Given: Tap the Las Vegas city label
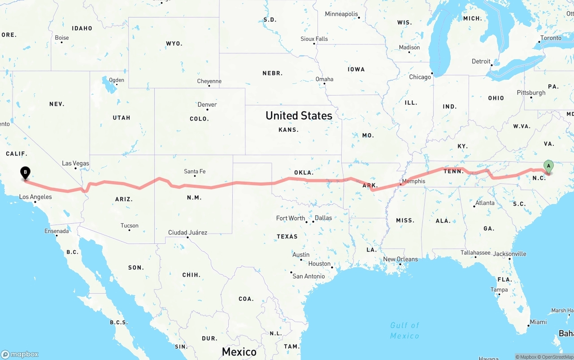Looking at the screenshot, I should (x=75, y=163).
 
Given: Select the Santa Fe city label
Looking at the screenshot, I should (x=195, y=171).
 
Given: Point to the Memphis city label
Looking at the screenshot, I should (x=413, y=181).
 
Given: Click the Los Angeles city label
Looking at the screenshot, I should (x=35, y=197).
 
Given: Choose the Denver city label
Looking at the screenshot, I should (x=207, y=104).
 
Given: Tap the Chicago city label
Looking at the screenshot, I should (x=420, y=77).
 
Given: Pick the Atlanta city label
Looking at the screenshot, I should (x=485, y=203).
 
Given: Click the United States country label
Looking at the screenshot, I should (x=299, y=116).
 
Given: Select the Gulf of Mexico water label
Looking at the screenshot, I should (x=404, y=330).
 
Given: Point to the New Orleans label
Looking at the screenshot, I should (x=400, y=259).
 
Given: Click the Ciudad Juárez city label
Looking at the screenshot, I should (x=187, y=232).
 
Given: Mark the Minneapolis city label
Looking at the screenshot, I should (x=341, y=14).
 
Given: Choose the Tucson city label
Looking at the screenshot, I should (x=129, y=226).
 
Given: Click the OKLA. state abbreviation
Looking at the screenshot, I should (x=304, y=172).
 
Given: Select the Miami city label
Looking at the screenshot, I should (x=538, y=322).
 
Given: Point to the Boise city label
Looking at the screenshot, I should (x=61, y=38).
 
